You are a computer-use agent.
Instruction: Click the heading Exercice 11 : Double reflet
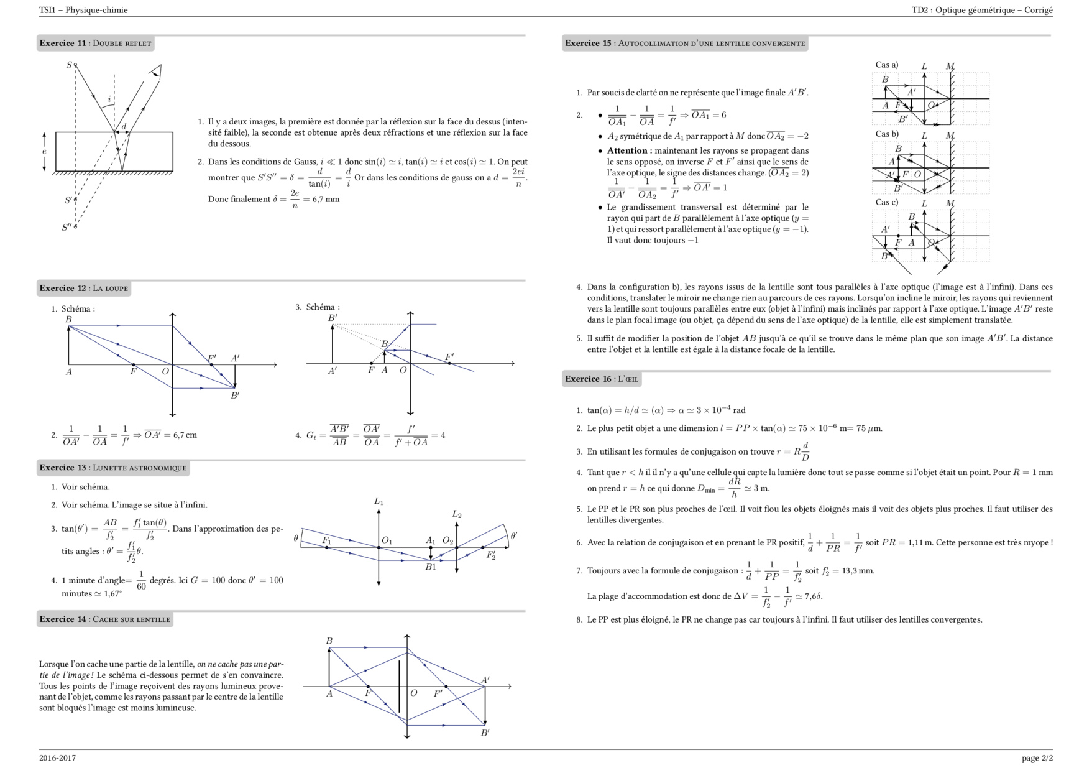[95, 44]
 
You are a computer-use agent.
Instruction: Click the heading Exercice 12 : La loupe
[84, 289]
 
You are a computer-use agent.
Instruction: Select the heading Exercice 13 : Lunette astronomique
[113, 468]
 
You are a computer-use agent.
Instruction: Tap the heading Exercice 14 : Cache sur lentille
[104, 619]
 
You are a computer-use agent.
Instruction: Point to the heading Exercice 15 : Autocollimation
[685, 44]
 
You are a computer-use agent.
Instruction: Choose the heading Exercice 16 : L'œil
[602, 379]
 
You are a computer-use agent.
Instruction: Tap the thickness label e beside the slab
[44, 151]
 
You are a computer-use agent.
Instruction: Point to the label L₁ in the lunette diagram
[379, 501]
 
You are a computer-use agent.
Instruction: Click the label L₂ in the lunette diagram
[457, 514]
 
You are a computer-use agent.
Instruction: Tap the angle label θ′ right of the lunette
[514, 535]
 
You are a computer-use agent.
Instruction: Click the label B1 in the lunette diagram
[431, 567]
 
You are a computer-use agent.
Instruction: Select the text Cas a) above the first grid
[887, 65]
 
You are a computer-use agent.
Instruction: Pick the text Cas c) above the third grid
[887, 202]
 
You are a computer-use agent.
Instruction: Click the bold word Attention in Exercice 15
[627, 150]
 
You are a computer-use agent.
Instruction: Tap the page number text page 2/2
[1037, 758]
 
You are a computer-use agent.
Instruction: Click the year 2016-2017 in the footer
[57, 758]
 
